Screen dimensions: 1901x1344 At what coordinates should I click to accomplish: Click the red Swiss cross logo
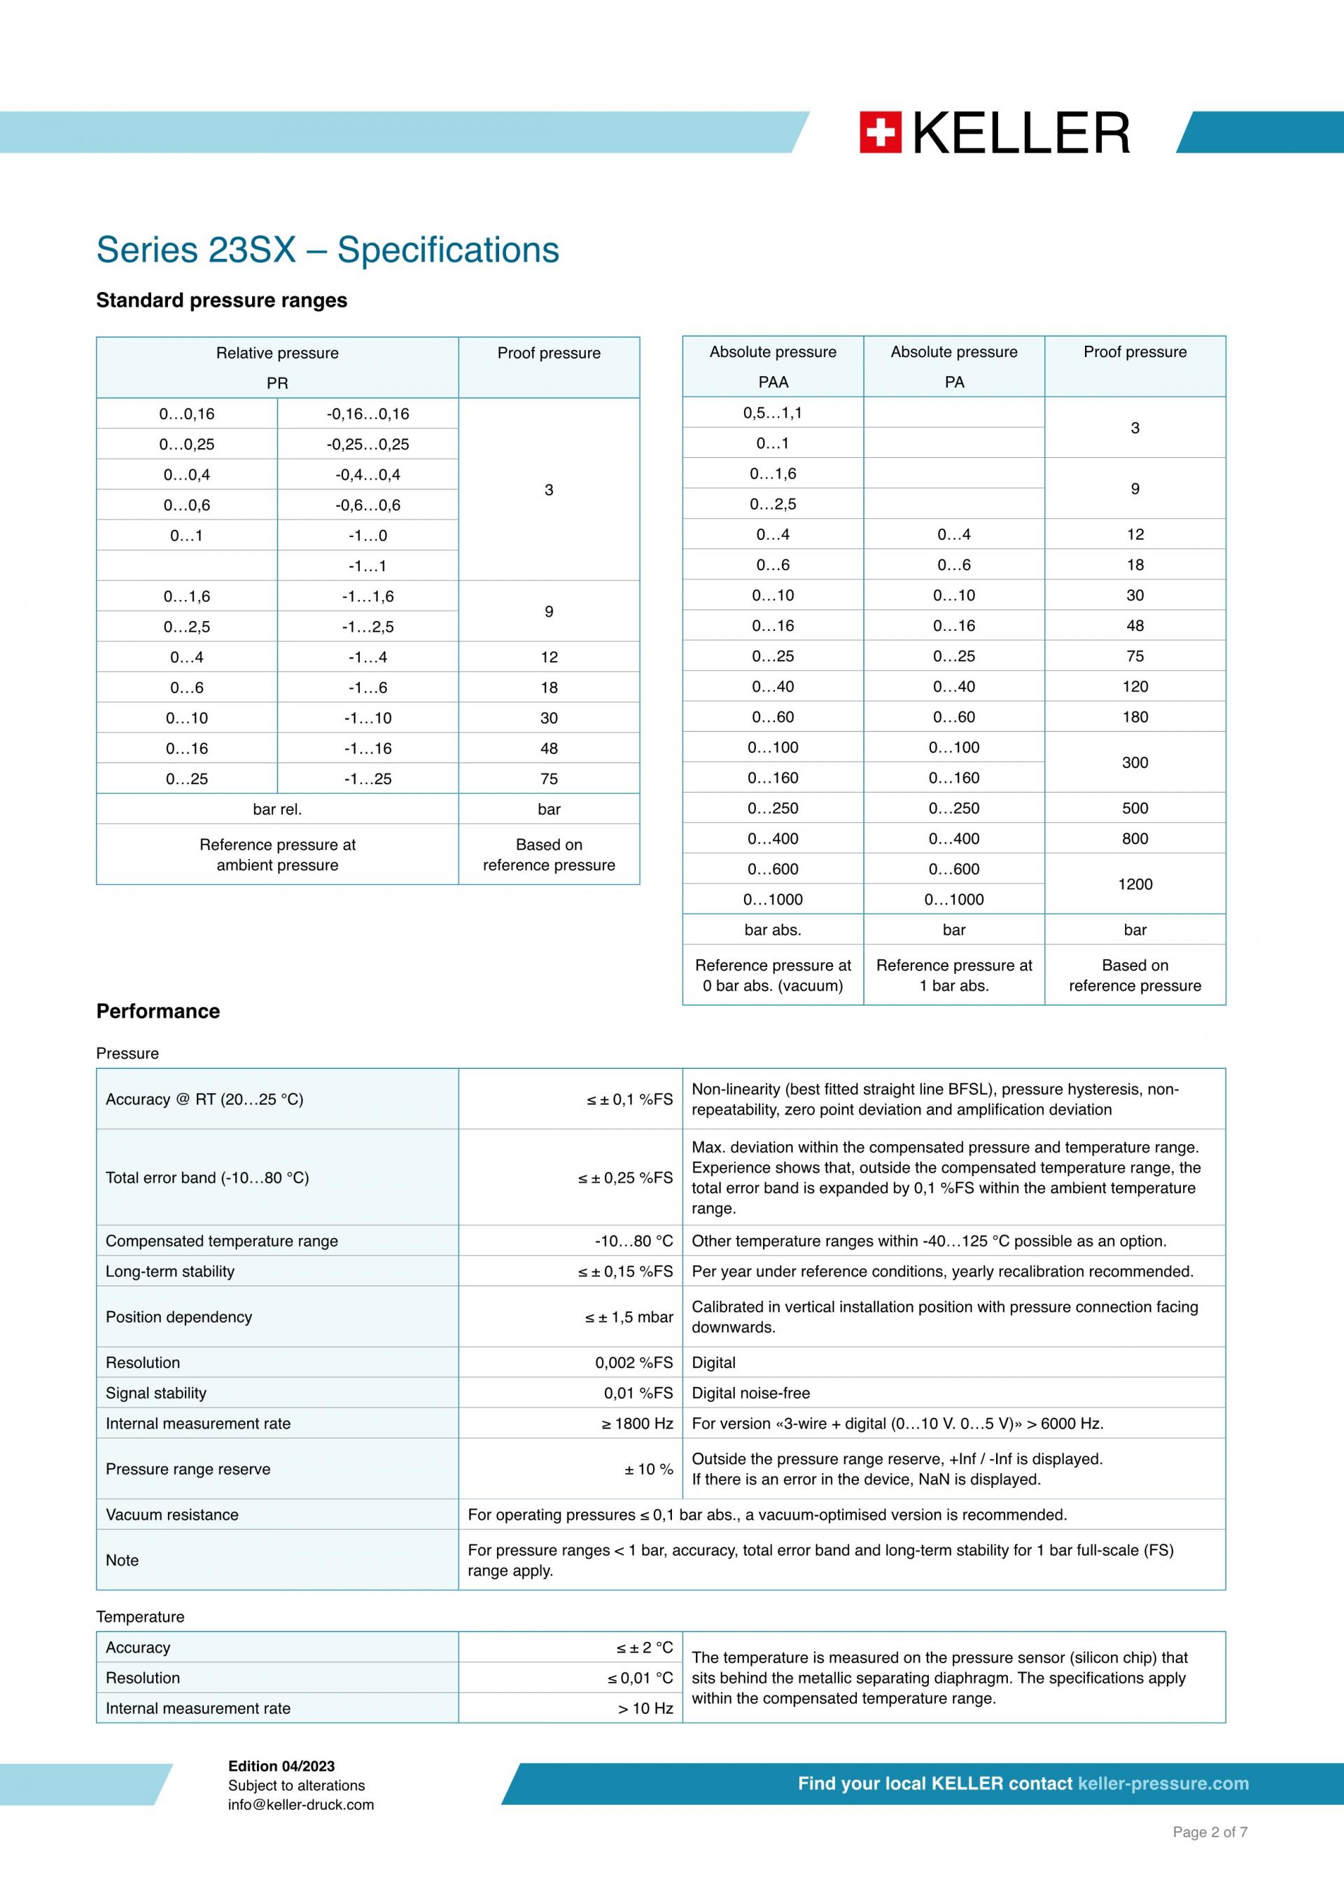pos(880,132)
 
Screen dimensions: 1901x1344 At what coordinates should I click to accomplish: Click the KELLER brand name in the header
pos(1021,133)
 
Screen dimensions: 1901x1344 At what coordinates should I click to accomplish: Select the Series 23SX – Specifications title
pos(328,250)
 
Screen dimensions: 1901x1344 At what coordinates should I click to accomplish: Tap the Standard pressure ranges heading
pos(222,300)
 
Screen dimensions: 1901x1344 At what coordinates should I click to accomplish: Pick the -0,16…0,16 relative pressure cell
pos(367,414)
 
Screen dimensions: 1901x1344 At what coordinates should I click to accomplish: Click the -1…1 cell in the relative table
pos(367,566)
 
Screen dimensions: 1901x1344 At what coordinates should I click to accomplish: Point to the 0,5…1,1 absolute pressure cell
pos(772,413)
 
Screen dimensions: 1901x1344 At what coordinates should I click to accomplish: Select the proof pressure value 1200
pos(1135,884)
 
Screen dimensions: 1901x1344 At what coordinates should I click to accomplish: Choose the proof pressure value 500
pos(1135,808)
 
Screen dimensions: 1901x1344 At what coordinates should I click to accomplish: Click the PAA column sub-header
pos(773,382)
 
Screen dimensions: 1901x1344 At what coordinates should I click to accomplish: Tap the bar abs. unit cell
pos(772,930)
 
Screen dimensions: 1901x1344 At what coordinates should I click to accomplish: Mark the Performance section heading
pos(158,1011)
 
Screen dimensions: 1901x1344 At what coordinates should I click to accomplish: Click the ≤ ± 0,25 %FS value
pos(625,1178)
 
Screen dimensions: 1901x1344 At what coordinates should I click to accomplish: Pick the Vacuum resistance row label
pos(172,1514)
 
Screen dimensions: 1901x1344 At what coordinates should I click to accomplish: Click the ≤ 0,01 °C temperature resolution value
pos(640,1678)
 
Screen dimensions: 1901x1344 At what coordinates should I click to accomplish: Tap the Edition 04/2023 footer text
pos(281,1766)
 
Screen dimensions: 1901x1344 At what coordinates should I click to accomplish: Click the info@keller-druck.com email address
pos(301,1805)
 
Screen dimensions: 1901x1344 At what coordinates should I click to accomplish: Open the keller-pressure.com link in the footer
pos(1163,1783)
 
